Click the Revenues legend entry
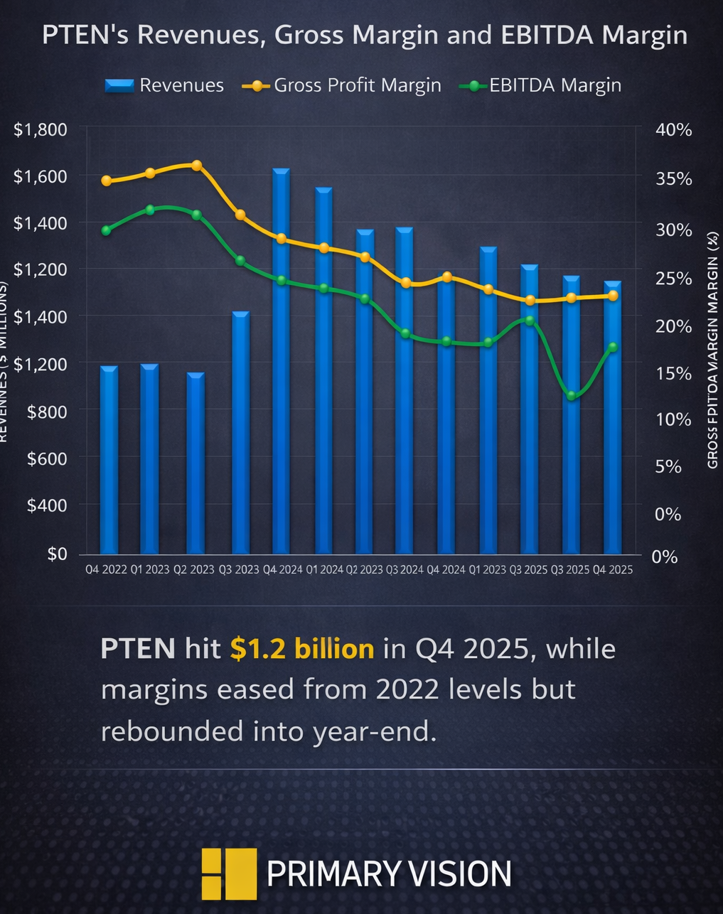(164, 85)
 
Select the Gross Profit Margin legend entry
(342, 85)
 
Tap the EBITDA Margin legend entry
(541, 85)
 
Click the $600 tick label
(47, 458)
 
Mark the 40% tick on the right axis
(673, 129)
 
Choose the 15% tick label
(673, 373)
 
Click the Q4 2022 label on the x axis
(106, 569)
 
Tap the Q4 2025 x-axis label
(612, 569)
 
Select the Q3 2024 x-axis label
(405, 569)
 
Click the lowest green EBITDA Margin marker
(572, 395)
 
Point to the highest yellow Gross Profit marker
(197, 166)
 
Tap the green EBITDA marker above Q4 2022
(107, 230)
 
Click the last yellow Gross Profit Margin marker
(613, 295)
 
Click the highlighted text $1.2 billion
(302, 648)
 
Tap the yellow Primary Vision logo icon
(228, 873)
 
